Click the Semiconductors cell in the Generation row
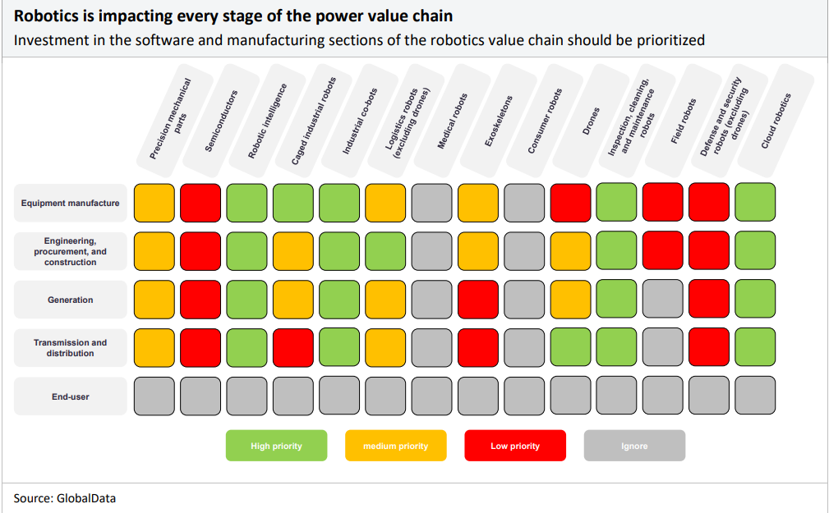200,300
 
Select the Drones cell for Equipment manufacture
570,203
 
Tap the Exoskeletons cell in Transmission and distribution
478,348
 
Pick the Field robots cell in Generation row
663,299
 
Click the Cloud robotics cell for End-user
755,396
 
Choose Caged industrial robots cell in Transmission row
292,348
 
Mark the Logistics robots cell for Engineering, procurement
385,251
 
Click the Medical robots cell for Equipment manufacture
431,203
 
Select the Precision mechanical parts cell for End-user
154,396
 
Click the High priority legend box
277,446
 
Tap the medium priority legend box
396,446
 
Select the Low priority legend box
515,446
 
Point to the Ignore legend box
634,446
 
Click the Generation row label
71,300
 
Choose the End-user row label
71,396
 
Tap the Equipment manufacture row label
71,203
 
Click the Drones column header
591,121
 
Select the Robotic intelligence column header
268,121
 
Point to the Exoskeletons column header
499,121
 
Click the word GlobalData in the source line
86,498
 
